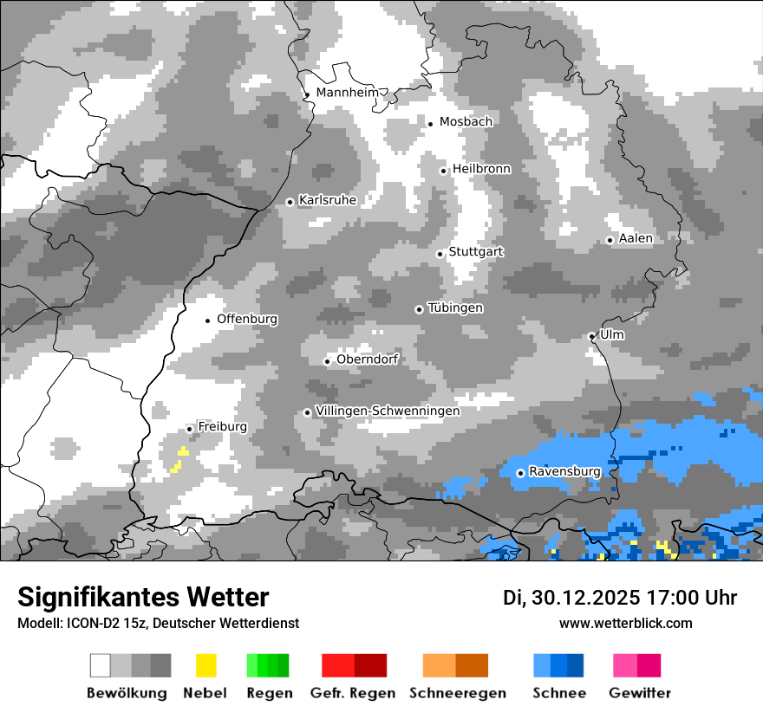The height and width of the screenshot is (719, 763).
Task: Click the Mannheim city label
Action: (348, 93)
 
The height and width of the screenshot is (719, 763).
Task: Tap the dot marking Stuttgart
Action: (440, 254)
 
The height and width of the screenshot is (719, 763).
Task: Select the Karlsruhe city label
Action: (327, 200)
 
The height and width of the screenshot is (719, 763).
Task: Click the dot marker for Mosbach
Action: (430, 124)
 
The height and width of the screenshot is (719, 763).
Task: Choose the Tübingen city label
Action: (455, 308)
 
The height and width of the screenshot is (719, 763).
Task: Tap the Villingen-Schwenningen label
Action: (388, 411)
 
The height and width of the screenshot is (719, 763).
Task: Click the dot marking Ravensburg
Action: (520, 473)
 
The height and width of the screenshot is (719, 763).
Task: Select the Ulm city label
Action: (612, 334)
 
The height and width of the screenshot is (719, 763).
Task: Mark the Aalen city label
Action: (636, 238)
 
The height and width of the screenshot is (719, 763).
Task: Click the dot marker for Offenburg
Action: (208, 321)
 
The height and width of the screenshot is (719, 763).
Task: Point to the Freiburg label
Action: (222, 427)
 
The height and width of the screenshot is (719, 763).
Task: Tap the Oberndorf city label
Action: (367, 359)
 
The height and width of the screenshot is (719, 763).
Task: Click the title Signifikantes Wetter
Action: (143, 598)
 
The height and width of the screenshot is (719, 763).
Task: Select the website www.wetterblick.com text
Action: (625, 624)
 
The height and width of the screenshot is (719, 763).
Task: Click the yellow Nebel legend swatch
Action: (205, 665)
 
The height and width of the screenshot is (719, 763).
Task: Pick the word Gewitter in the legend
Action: (639, 693)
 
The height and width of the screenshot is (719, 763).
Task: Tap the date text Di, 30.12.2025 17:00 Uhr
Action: (620, 598)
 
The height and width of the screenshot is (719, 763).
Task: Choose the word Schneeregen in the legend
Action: (457, 693)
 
